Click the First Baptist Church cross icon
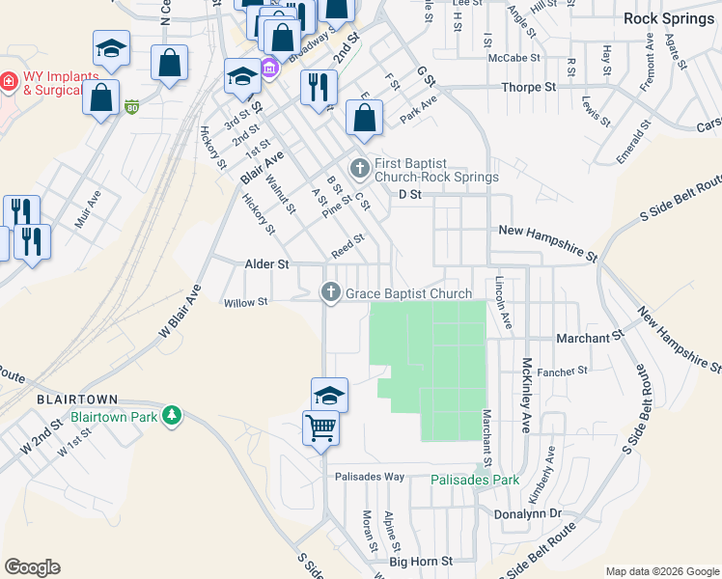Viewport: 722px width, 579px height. pos(360,170)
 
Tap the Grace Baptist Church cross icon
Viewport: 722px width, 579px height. pos(330,293)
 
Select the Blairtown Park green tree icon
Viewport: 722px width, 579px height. pos(172,415)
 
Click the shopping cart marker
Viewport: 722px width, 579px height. pos(320,427)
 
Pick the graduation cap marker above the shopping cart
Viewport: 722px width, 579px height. pos(329,394)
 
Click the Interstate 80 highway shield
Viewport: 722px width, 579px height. pos(132,107)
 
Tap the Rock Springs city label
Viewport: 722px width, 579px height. pos(669,17)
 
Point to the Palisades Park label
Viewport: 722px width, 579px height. pos(474,480)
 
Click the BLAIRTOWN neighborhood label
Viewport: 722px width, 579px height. pos(76,399)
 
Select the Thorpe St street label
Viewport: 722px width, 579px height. pos(529,88)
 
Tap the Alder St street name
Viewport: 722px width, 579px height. pos(240,262)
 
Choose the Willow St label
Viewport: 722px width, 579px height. pos(245,303)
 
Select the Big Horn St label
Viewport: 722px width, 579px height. pos(421,561)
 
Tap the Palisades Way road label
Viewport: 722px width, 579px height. pos(370,477)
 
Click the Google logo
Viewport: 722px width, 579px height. pos(32,567)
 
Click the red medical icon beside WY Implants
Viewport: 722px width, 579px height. pos(9,80)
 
